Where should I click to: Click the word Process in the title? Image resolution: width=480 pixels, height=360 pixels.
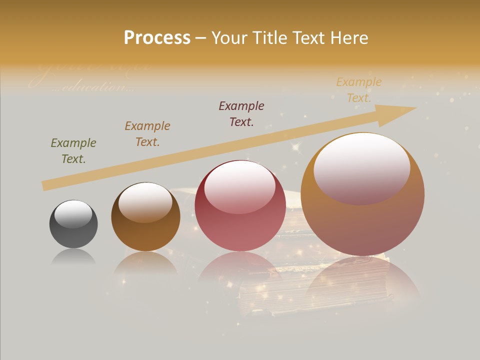point(157,37)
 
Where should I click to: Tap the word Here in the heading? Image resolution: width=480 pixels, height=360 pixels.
point(348,37)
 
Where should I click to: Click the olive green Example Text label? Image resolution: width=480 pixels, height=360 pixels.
point(73,150)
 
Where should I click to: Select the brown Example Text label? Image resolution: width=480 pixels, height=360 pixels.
point(147,133)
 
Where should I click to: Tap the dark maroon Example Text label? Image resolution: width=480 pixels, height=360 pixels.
point(241,113)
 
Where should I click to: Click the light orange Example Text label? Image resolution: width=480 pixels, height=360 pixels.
point(358,89)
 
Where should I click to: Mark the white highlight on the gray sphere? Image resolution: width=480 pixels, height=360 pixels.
point(73,214)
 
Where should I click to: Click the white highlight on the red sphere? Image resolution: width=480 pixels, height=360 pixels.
point(239,186)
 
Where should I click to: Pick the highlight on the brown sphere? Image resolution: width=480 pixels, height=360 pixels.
point(145,201)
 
